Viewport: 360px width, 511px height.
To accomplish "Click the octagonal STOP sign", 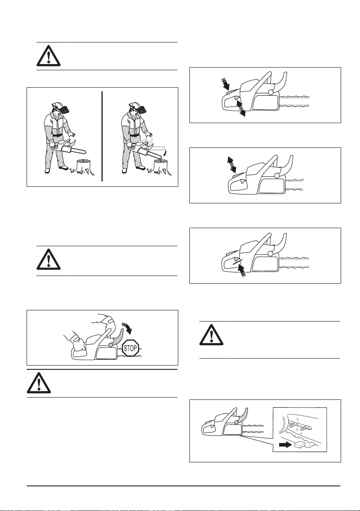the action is tap(130, 348).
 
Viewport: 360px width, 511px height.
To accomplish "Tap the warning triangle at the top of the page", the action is tap(48, 56).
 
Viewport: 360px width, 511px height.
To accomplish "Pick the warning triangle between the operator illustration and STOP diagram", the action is tap(48, 259).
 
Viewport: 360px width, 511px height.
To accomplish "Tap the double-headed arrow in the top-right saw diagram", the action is tap(241, 109).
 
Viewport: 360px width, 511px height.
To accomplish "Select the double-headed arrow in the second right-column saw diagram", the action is tap(232, 164).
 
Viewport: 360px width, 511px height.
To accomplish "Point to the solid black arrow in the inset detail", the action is tap(285, 444).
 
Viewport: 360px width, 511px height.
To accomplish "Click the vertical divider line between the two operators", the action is tap(102, 136).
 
